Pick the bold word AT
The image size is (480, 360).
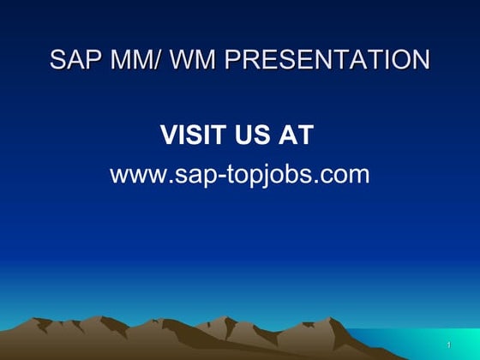click(x=297, y=135)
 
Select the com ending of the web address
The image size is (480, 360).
click(x=346, y=175)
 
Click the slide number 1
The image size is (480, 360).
click(x=448, y=345)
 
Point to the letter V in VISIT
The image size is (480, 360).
click(x=169, y=135)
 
